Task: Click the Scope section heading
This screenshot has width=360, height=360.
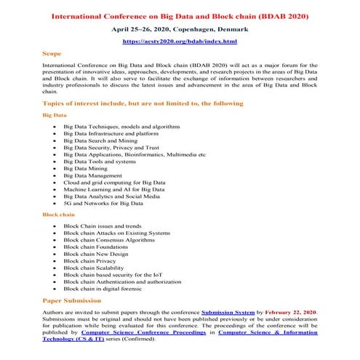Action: pos(52,54)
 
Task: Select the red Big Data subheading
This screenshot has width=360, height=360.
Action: pos(56,115)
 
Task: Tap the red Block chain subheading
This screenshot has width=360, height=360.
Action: pos(59,215)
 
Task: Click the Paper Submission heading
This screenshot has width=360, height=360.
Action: pos(73,300)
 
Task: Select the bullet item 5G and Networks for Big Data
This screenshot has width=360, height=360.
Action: pos(103,204)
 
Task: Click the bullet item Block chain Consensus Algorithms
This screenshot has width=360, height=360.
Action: pos(109,240)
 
